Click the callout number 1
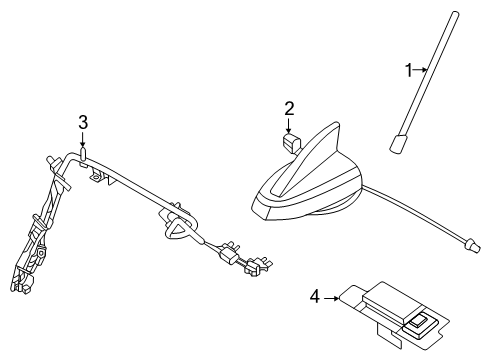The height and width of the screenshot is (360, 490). [408, 70]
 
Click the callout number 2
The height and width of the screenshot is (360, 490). [288, 108]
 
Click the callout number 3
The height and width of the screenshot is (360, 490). [84, 122]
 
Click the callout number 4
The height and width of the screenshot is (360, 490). [315, 296]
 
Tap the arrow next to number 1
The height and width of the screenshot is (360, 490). [420, 70]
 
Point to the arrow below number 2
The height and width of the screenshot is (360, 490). [288, 126]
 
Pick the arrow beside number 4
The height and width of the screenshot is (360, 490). [333, 296]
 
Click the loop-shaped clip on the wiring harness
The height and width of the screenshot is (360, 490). [176, 229]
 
